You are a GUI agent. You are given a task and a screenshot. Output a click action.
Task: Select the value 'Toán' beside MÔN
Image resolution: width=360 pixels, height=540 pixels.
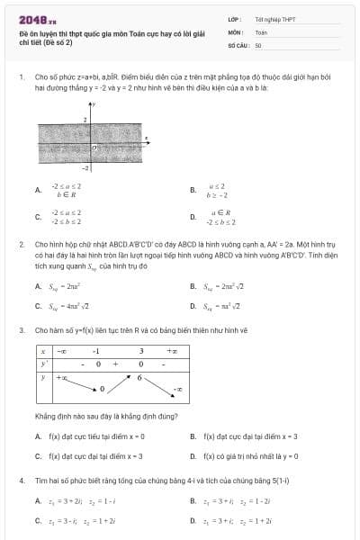(x=261, y=31)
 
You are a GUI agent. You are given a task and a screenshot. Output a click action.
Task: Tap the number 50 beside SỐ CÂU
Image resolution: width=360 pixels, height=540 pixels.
(x=258, y=44)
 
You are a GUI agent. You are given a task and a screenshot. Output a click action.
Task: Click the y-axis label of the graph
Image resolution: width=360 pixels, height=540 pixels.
(x=94, y=105)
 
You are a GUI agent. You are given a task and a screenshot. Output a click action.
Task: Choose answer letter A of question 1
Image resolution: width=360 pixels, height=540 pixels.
(x=38, y=191)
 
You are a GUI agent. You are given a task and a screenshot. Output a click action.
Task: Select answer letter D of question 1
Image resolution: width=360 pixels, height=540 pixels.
(x=193, y=217)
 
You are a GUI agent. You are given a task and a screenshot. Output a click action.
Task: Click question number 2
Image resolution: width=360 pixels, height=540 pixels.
(x=21, y=244)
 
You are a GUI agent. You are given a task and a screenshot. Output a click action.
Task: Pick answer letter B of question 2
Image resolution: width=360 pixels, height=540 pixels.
(x=193, y=287)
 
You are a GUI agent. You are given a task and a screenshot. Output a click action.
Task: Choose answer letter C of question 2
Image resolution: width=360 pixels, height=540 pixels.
(x=38, y=306)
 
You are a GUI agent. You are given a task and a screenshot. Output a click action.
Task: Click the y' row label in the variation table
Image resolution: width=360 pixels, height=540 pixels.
(x=43, y=364)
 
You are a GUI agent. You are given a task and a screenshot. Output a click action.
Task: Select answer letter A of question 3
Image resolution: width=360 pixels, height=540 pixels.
(x=38, y=436)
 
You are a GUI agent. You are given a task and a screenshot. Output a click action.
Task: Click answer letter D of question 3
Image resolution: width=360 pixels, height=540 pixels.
(x=193, y=456)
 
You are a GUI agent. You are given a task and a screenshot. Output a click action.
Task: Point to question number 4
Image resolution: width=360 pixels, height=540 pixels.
(x=21, y=481)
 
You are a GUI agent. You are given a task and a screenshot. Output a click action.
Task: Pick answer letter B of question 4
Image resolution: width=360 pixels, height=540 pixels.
(x=193, y=500)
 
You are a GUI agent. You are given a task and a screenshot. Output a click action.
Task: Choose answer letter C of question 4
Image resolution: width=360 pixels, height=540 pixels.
(x=38, y=520)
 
